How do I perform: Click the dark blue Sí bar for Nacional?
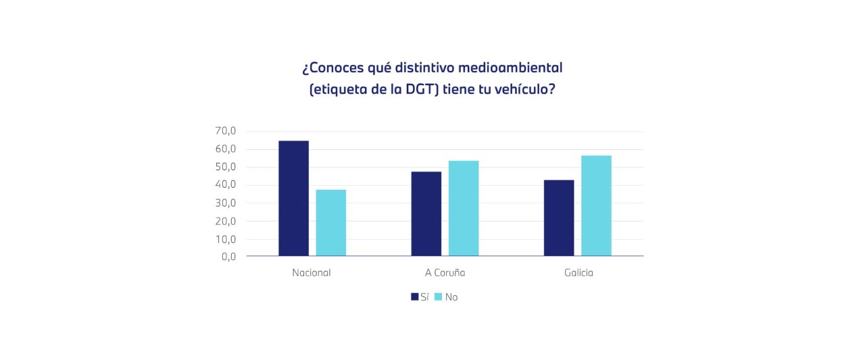coord(293,199)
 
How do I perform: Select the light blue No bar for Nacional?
coord(330,223)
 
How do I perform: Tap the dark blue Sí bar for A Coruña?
coord(426,214)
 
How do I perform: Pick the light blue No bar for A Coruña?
coord(463,209)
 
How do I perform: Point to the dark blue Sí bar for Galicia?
coord(558,218)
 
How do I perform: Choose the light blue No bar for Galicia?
coord(596,206)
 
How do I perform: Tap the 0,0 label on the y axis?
coord(228,257)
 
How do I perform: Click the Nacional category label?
coord(312,273)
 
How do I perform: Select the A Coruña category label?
coord(445,273)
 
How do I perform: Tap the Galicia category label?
coord(578,273)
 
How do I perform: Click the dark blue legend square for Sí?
coord(414,297)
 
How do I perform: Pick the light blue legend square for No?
coord(438,297)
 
